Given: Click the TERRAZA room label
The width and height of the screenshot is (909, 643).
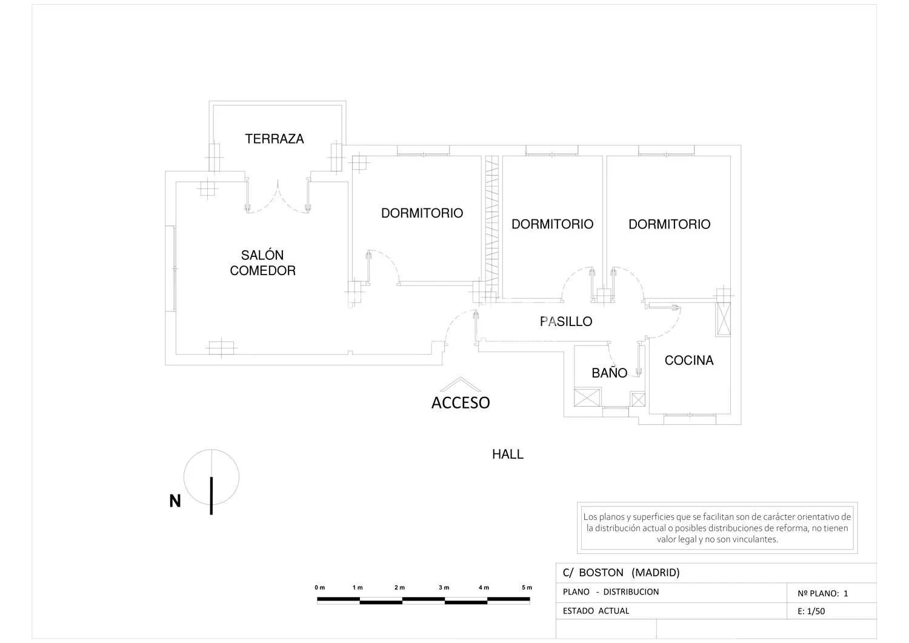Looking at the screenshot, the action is [x=275, y=139].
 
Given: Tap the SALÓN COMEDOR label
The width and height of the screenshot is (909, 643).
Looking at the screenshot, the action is [x=262, y=262].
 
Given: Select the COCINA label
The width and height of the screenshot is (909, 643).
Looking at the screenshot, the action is [x=688, y=360].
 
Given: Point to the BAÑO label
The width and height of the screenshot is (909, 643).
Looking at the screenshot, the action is [x=609, y=372].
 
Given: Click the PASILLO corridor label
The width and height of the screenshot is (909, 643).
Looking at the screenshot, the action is [x=565, y=321].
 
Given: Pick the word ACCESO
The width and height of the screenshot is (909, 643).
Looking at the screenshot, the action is [x=461, y=402].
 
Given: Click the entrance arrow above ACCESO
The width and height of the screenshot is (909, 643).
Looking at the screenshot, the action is [x=460, y=384].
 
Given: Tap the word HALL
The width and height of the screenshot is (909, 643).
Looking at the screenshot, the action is [x=508, y=455].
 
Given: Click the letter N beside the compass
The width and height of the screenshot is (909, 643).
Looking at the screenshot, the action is [x=175, y=501].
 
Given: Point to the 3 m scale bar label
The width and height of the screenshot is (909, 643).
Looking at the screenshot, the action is [x=444, y=587].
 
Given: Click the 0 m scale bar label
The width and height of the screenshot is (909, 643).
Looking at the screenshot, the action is [x=320, y=587].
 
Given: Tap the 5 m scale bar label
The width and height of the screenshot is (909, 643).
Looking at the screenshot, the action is [x=527, y=587].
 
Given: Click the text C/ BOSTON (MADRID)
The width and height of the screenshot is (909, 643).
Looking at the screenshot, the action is [x=621, y=572].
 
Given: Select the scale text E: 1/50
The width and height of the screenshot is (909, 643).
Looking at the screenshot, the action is [x=811, y=611].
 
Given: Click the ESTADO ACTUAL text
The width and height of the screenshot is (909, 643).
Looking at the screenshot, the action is [x=596, y=611].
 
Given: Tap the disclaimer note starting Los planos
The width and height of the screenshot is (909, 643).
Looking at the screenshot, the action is [x=717, y=528].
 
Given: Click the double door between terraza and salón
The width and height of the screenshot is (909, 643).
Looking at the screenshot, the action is [x=278, y=196].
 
